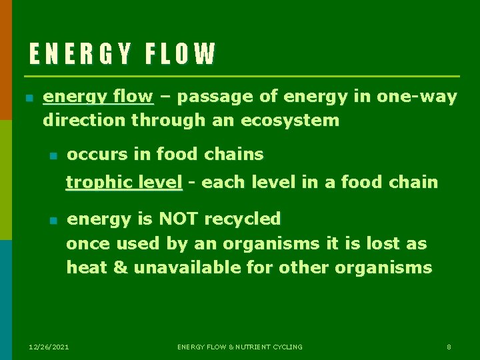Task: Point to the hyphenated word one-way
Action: tap(417, 97)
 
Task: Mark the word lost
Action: tap(384, 243)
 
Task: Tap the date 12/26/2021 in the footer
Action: tap(49, 347)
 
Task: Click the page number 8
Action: tap(449, 347)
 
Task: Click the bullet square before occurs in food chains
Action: tap(54, 156)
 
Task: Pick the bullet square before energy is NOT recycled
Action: tap(54, 220)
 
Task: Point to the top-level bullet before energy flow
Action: tap(29, 98)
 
